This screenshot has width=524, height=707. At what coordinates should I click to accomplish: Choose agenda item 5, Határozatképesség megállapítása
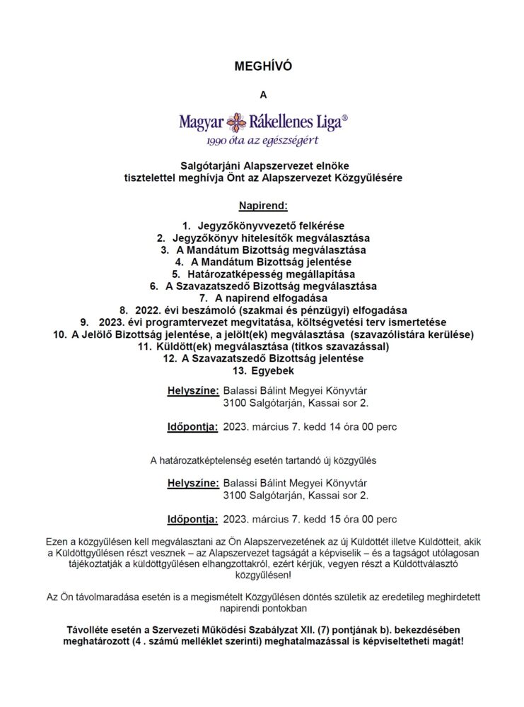click(262, 274)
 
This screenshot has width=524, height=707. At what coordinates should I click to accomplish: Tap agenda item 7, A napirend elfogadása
click(262, 298)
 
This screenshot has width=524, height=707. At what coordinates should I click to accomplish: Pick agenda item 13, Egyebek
click(262, 370)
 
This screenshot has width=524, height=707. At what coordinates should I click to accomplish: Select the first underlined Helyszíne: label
click(192, 390)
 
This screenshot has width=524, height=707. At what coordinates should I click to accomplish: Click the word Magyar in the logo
click(201, 123)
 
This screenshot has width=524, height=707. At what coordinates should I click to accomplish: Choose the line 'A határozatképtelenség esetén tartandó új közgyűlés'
click(262, 460)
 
